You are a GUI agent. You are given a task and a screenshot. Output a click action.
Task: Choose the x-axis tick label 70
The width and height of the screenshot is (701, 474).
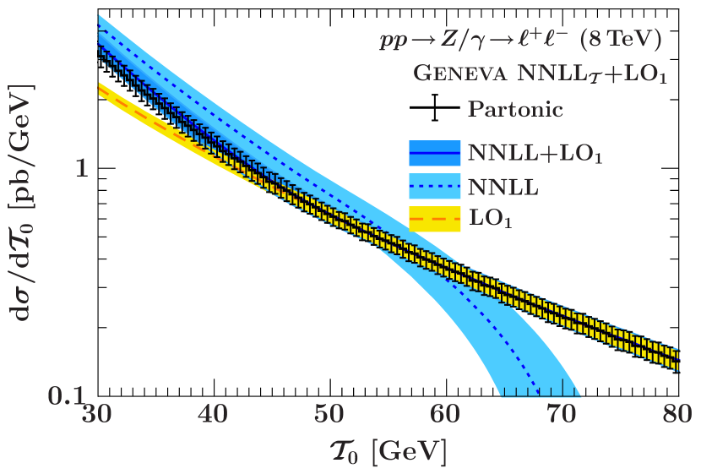click(562, 415)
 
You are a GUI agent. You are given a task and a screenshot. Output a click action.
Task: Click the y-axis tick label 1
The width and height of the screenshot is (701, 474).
click(82, 168)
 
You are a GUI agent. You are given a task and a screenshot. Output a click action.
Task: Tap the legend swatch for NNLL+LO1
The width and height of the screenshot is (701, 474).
click(434, 153)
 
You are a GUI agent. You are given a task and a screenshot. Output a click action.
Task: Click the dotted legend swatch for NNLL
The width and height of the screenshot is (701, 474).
click(434, 186)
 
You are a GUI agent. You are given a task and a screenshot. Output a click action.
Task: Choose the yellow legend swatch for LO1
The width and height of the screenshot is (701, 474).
click(434, 219)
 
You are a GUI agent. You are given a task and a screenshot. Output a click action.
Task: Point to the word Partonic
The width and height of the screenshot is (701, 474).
click(515, 109)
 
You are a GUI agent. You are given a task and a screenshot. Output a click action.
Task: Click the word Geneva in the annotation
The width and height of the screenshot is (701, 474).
click(459, 74)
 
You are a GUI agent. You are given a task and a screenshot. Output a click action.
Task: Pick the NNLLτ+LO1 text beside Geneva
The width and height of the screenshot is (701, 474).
click(592, 75)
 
